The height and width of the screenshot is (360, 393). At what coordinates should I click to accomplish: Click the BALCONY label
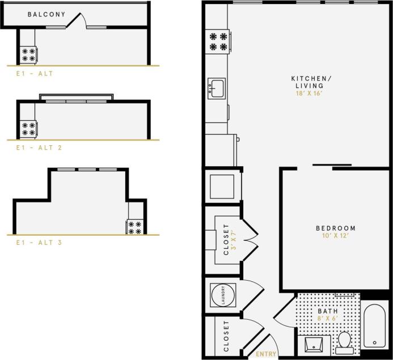coord(46,14)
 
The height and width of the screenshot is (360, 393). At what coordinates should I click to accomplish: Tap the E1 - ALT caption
coord(35,73)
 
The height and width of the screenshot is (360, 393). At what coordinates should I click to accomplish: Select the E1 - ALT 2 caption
coord(38,147)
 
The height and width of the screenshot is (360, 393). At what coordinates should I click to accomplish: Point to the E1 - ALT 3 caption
coord(38,242)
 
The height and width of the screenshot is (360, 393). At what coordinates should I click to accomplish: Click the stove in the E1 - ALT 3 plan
coord(135,227)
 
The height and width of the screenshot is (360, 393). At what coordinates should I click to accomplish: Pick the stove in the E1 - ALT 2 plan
coord(28,129)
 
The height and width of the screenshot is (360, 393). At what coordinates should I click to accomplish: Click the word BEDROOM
coord(336,228)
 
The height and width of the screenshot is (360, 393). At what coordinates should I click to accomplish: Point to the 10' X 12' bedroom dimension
coord(336,236)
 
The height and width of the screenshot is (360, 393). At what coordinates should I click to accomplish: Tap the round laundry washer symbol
coord(222,295)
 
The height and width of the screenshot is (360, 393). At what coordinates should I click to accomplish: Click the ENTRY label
coord(266,354)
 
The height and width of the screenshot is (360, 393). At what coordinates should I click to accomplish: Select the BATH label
coord(327,311)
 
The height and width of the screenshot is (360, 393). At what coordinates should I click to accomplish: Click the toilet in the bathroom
coord(344,341)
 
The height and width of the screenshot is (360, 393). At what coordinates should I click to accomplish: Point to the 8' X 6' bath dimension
coord(327,319)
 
